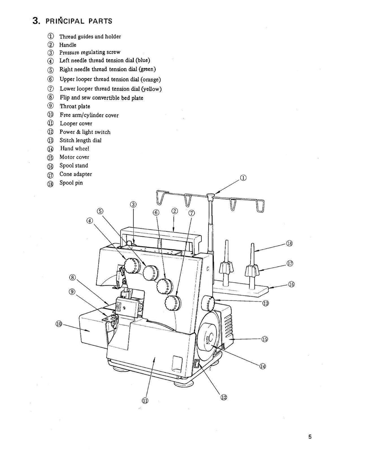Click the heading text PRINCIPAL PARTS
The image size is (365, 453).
78,21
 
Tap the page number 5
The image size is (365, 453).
310,436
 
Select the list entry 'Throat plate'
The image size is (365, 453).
75,106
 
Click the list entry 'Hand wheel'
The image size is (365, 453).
74,149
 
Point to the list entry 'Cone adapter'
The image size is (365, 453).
76,174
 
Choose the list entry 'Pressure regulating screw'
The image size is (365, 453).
89,52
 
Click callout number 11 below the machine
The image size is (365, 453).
145,401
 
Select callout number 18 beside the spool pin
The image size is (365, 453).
289,244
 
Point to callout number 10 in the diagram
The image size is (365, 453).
59,324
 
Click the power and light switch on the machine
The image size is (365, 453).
196,364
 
